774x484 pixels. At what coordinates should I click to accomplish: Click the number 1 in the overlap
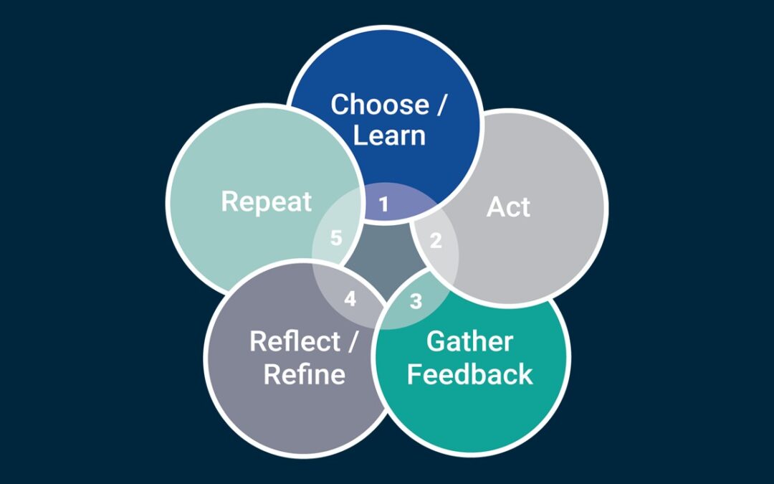coord(384,205)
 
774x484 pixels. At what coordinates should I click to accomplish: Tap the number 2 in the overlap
coord(435,241)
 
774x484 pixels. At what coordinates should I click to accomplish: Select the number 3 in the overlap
coord(416,301)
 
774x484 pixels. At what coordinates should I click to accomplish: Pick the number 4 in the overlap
coord(350,299)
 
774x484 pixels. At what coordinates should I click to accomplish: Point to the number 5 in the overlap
coord(336,238)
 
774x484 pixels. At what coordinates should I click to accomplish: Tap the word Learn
coord(389,136)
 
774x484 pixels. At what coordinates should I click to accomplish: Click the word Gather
coord(469,341)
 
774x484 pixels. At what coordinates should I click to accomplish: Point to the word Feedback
coord(469,374)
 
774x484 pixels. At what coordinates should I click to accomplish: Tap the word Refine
coord(304,374)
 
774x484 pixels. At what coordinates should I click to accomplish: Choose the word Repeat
coord(266,201)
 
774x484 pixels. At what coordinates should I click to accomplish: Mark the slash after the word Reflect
coord(352,341)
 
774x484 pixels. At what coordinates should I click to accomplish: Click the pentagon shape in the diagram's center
coord(384,262)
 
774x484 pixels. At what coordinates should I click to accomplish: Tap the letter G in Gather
coord(436,341)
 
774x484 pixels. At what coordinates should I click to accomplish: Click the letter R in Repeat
coord(229,201)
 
